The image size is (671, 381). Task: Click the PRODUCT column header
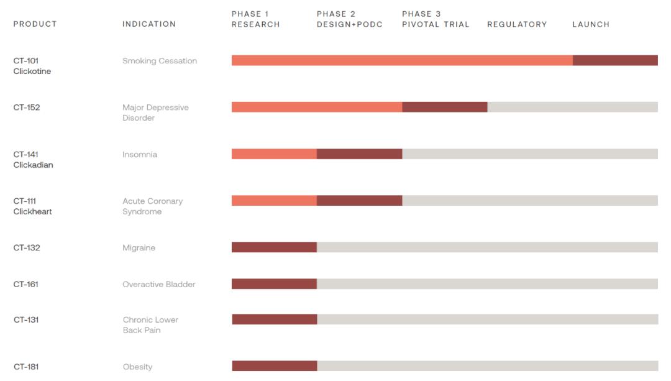35,24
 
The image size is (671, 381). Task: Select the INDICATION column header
149,24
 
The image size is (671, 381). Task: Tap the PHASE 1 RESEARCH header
255,19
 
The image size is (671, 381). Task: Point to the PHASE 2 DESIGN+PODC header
349,19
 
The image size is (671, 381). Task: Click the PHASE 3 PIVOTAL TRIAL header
436,19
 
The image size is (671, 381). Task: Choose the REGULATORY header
517,24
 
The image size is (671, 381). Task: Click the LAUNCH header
591,24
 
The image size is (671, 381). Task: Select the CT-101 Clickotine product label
32,66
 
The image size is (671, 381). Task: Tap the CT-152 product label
27,108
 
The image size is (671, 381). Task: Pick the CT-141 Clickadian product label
33,160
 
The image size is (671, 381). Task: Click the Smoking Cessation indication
160,61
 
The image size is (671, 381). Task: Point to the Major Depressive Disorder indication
155,112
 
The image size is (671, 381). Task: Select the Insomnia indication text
140,155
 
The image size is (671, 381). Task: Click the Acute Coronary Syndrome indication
152,206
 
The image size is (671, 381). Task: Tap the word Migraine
139,248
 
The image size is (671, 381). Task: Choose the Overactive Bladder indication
158,285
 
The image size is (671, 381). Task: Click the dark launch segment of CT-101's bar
615,60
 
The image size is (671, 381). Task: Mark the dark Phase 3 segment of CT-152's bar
444,107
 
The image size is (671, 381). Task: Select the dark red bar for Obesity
275,366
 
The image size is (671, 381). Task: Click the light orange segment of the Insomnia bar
274,154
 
